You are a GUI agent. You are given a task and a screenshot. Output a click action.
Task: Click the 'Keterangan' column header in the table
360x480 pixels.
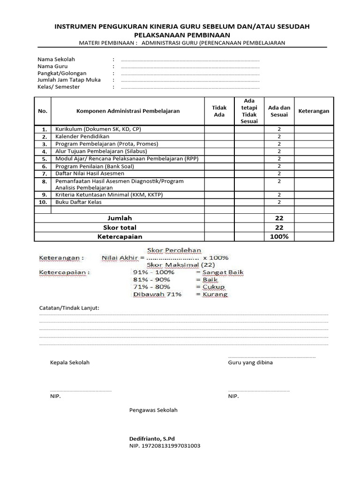click(314, 111)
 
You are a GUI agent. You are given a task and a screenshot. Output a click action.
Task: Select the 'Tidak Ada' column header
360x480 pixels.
click(219, 111)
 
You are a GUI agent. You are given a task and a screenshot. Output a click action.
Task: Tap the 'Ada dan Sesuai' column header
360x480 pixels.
click(279, 111)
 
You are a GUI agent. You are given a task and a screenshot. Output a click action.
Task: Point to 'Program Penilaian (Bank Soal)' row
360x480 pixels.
click(95, 166)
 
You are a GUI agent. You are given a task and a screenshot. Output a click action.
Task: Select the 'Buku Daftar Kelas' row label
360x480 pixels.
click(78, 202)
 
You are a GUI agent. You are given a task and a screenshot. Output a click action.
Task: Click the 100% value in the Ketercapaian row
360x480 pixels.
click(279, 237)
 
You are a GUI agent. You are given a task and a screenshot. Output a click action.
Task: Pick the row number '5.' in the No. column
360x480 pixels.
click(44, 159)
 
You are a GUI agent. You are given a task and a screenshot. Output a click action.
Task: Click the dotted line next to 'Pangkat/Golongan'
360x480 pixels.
click(190, 74)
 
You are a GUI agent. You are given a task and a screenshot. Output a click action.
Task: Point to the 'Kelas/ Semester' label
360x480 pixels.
click(59, 87)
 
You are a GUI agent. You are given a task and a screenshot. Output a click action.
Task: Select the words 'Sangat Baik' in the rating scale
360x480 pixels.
click(223, 272)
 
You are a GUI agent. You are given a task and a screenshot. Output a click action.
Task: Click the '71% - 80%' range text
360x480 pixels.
click(152, 287)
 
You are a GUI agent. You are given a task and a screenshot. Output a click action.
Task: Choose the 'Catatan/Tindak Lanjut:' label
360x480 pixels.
click(68, 308)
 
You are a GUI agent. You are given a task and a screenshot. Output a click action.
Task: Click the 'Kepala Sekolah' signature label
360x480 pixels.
click(69, 362)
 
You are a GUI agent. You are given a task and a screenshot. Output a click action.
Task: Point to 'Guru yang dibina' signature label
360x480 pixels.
click(250, 362)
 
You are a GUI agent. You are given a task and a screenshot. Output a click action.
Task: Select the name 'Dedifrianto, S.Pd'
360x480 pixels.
click(152, 438)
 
